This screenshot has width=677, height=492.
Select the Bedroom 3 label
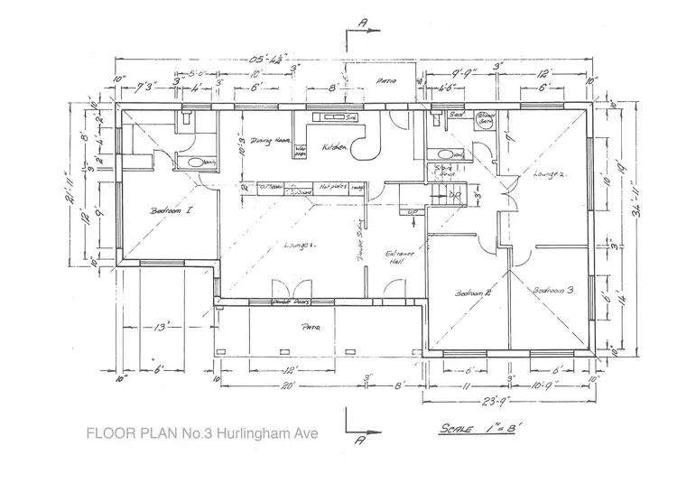point(553,291)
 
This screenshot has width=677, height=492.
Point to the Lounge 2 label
point(549,172)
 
